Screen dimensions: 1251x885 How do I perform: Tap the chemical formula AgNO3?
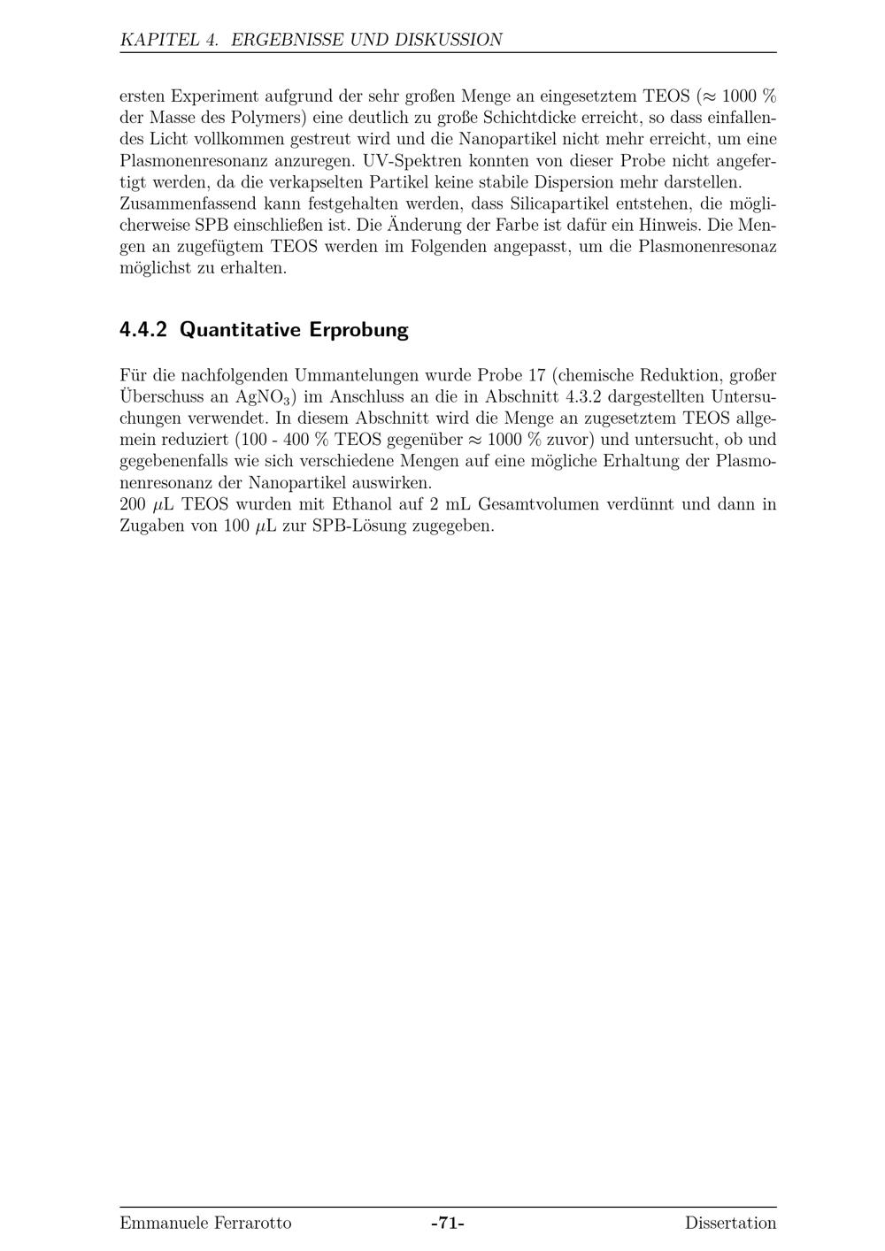click(x=266, y=397)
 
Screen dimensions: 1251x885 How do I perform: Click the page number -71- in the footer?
click(x=448, y=1224)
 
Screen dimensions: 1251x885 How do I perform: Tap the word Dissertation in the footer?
click(x=730, y=1224)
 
